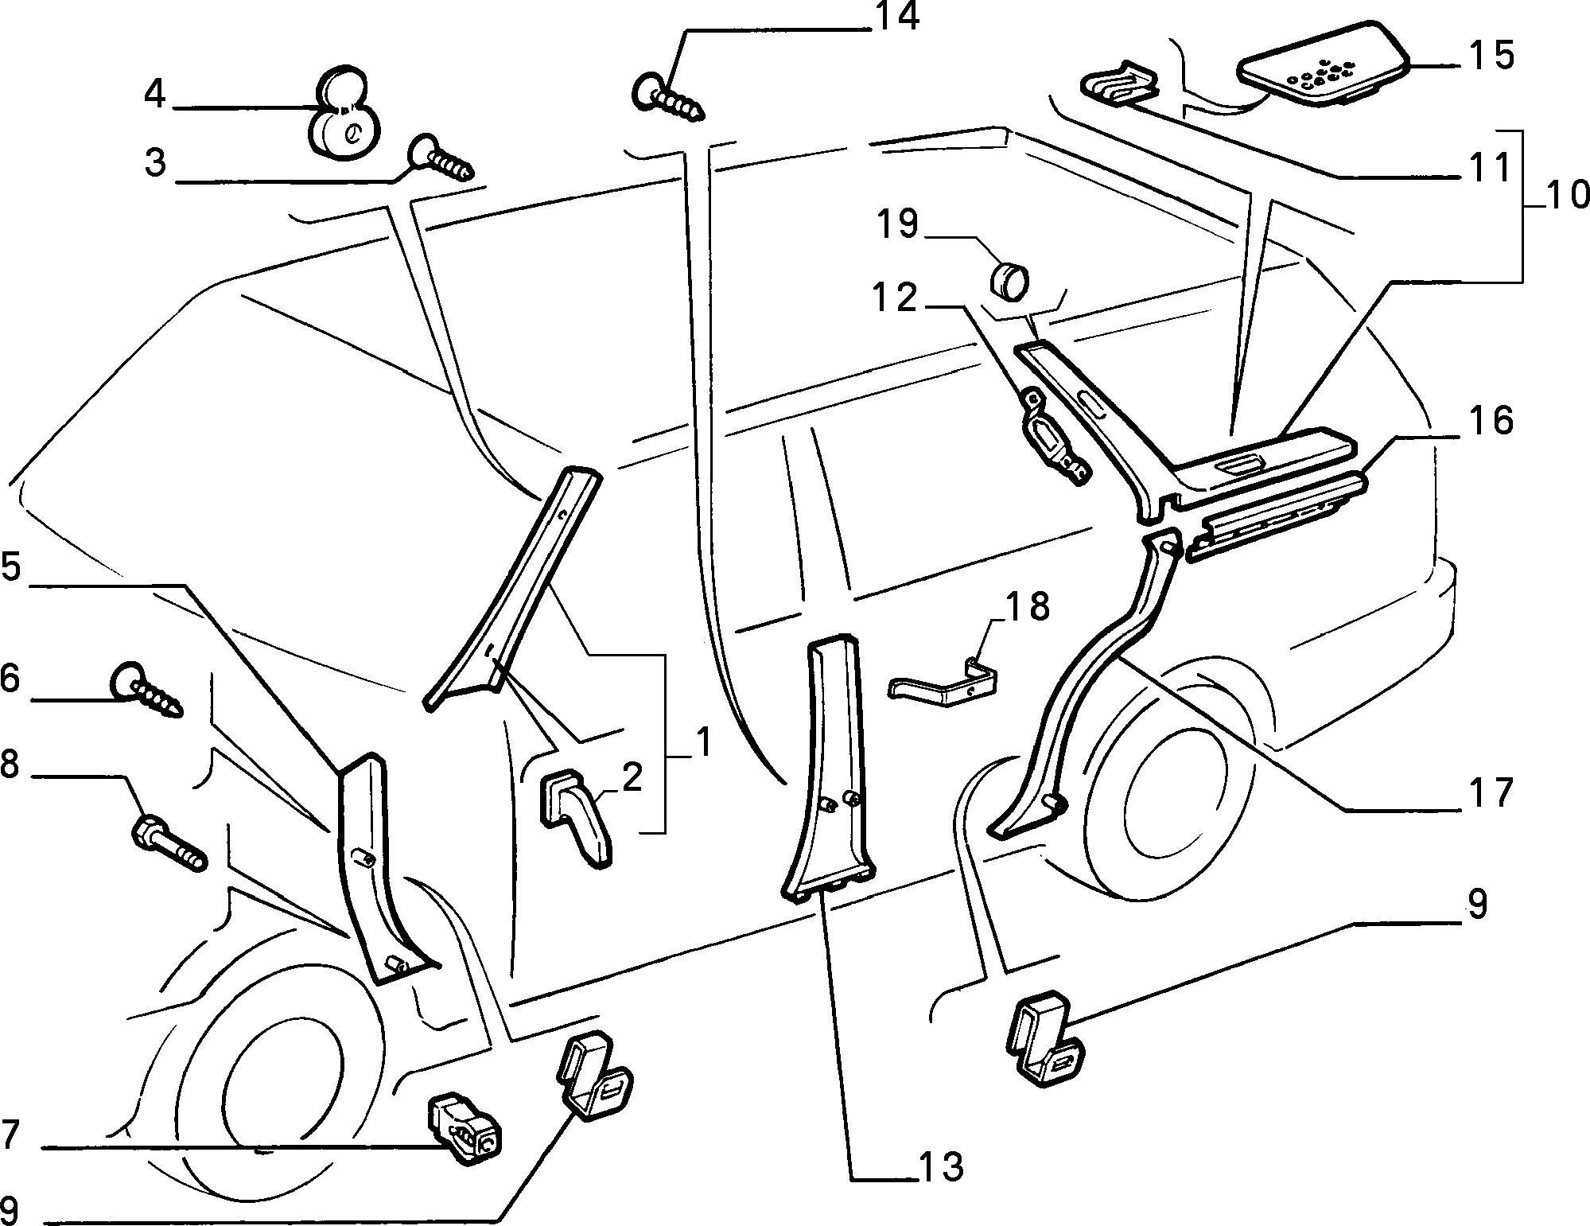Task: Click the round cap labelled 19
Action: point(1009,283)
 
